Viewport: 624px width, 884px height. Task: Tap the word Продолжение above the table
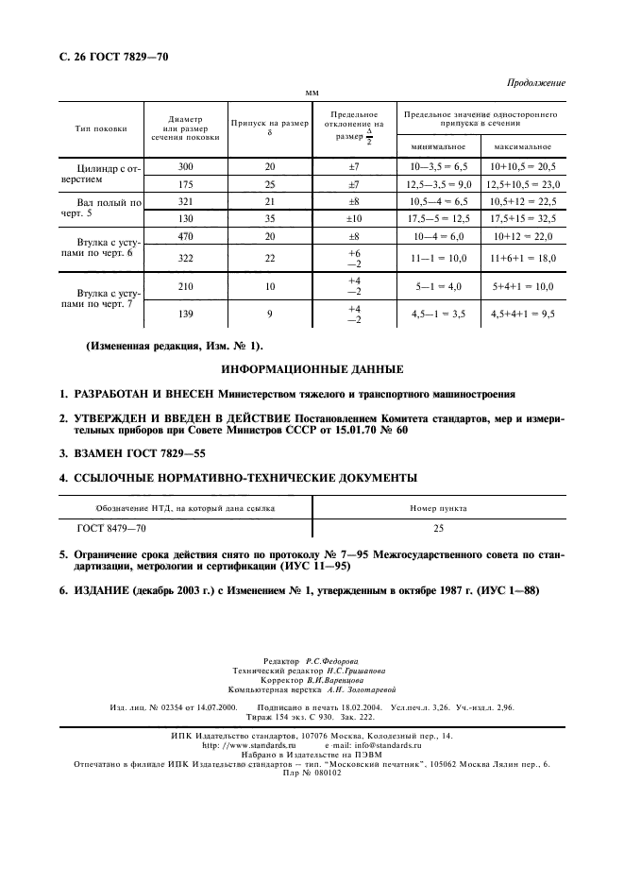pos(536,83)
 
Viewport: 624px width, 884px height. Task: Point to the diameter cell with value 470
pos(185,237)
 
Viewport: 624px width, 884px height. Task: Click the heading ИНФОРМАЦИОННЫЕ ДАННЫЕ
pos(312,368)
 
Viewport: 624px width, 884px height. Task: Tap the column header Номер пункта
pos(438,508)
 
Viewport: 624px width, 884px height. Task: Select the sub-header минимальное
pos(436,148)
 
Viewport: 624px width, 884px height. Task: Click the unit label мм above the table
pos(312,93)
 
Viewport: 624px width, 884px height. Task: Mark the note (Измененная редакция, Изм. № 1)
pos(176,346)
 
